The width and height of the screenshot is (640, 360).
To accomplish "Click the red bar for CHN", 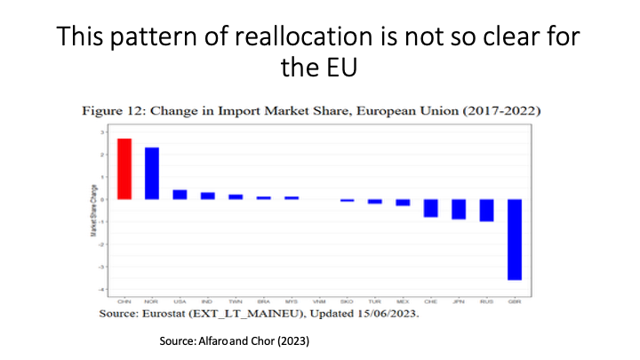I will click(124, 169).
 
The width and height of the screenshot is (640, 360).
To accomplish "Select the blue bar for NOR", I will click(152, 173).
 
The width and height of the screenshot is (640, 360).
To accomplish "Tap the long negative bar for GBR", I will click(514, 239).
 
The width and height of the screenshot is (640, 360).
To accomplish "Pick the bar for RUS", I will click(486, 210).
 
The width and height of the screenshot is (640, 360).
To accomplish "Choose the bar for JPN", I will click(459, 209).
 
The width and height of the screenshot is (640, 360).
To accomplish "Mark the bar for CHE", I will click(430, 208).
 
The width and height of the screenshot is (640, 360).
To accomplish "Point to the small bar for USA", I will click(180, 195).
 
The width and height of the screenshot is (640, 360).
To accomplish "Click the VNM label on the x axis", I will click(318, 300).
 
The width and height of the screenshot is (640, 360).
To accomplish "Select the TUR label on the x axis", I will click(374, 300).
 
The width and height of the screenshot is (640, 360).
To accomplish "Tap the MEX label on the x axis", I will click(403, 300).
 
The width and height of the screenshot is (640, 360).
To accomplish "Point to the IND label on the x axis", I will click(207, 300).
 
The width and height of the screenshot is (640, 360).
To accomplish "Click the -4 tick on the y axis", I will click(104, 289).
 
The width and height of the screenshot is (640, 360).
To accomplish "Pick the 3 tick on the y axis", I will click(105, 132).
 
